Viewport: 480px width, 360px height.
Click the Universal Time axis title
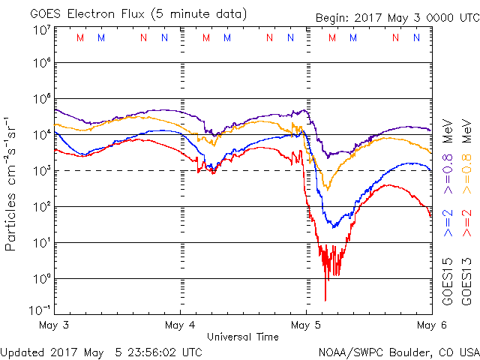tap(243, 337)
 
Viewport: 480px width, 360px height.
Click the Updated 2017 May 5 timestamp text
tap(101, 351)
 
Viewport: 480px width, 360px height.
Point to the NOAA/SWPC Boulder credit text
tap(398, 351)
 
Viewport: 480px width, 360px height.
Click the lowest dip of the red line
tap(325, 300)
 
